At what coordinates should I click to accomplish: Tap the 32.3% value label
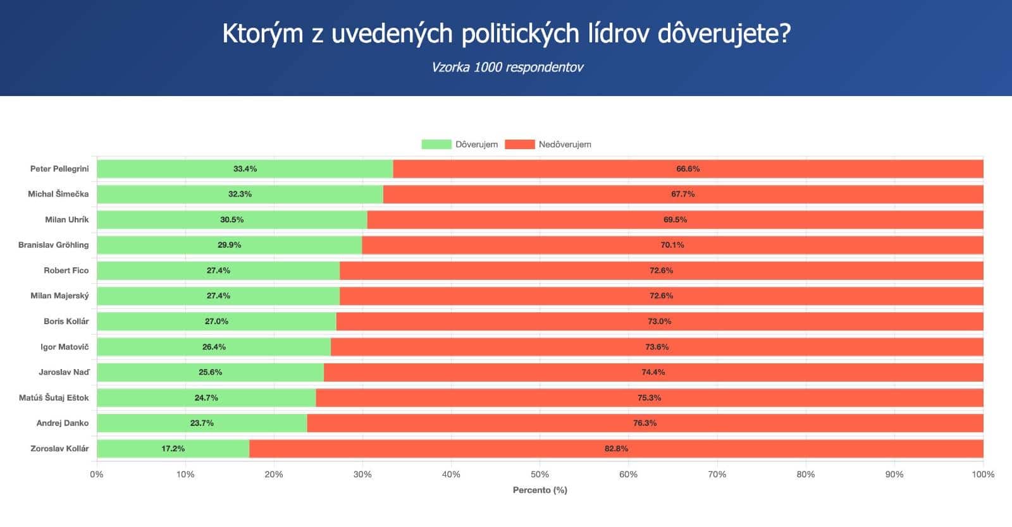pyautogui.click(x=240, y=194)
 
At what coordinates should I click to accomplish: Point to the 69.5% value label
pyautogui.click(x=675, y=219)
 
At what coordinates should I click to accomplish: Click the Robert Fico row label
pyautogui.click(x=66, y=270)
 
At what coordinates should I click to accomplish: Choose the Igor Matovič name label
pyautogui.click(x=65, y=347)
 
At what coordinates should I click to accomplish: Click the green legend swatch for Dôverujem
pyautogui.click(x=436, y=144)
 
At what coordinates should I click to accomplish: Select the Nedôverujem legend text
pyautogui.click(x=565, y=144)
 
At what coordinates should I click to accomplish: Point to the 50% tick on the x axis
pyautogui.click(x=540, y=474)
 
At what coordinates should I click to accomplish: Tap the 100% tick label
pyautogui.click(x=983, y=474)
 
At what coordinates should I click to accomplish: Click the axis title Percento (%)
pyautogui.click(x=540, y=490)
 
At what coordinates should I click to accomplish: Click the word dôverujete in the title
pyautogui.click(x=724, y=33)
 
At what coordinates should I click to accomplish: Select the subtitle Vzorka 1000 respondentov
pyautogui.click(x=507, y=68)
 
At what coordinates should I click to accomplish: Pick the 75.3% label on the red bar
pyautogui.click(x=649, y=397)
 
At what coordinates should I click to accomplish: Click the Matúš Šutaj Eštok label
pyautogui.click(x=54, y=397)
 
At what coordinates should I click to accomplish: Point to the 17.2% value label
pyautogui.click(x=173, y=449)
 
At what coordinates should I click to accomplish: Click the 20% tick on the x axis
pyautogui.click(x=274, y=474)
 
